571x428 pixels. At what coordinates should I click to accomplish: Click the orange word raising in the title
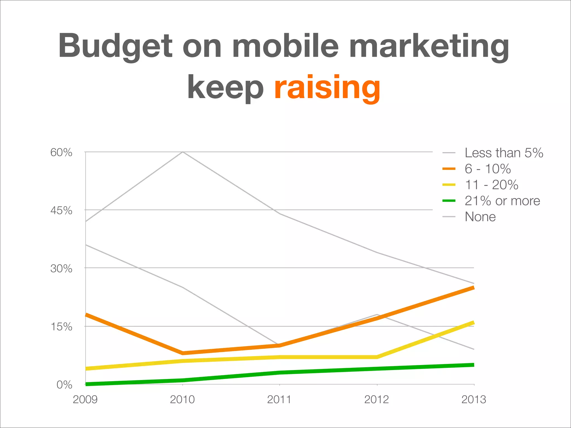[x=327, y=87]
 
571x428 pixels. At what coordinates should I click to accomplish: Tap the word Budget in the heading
[x=115, y=46]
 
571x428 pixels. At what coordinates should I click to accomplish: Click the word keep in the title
[x=225, y=87]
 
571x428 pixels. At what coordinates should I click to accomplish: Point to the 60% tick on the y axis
[x=61, y=153]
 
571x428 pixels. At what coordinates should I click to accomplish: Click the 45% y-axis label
[x=61, y=211]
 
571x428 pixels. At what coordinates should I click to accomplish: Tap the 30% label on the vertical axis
[x=61, y=269]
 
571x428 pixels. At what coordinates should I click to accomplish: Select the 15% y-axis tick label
[x=61, y=327]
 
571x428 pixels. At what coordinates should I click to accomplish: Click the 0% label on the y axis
[x=64, y=385]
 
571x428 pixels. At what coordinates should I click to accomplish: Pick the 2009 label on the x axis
[x=85, y=400]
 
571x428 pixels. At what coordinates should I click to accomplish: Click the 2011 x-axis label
[x=279, y=400]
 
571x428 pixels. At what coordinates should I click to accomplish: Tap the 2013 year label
[x=473, y=400]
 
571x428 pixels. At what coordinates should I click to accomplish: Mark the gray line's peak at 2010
[x=182, y=152]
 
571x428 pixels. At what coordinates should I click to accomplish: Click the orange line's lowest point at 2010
[x=183, y=353]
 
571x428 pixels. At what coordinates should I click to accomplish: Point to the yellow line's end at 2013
[x=473, y=323]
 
